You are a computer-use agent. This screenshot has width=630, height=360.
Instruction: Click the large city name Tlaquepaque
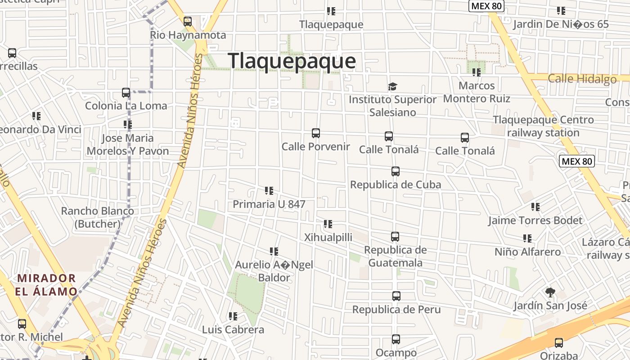click(292, 61)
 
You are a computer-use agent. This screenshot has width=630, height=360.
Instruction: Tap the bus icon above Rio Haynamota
click(188, 21)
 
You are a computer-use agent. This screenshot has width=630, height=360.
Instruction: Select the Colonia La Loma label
click(126, 106)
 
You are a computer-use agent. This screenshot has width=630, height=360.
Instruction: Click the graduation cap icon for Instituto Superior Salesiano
click(393, 86)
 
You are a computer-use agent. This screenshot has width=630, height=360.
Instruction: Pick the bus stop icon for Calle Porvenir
click(316, 133)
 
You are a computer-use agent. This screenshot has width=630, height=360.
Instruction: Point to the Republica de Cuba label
click(396, 184)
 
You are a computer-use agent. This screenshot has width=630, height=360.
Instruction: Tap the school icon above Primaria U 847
click(269, 191)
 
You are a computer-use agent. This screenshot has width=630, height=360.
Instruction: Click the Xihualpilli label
click(328, 237)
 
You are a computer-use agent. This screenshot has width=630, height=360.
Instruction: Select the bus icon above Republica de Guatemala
click(395, 236)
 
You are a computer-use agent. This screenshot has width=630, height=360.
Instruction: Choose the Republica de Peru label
click(396, 310)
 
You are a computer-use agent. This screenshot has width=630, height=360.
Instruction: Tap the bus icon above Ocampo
click(396, 339)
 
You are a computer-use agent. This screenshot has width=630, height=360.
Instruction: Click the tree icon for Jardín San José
click(550, 293)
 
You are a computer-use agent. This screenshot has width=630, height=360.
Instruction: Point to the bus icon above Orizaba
click(558, 343)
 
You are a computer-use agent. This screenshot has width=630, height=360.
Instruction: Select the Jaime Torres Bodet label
click(535, 220)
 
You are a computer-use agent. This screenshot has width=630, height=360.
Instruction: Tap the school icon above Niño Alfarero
click(527, 238)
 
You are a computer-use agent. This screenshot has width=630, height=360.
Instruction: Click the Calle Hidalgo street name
click(582, 79)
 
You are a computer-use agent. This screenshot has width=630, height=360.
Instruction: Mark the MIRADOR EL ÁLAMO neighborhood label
click(46, 284)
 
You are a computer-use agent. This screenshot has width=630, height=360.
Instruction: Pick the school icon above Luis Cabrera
click(233, 316)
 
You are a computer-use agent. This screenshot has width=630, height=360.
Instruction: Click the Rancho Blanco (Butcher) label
click(97, 217)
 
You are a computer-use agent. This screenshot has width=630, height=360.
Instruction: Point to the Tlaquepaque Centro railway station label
click(543, 126)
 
